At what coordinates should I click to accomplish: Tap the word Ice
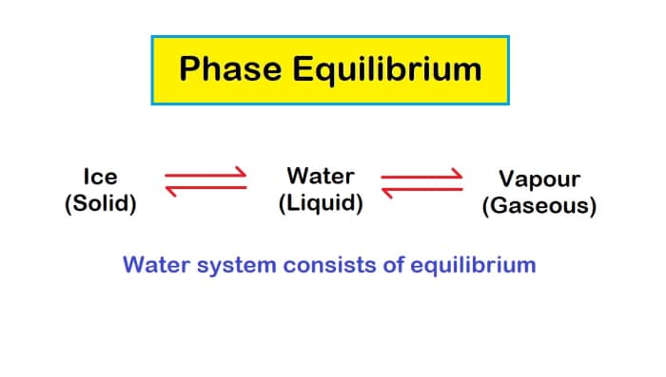(100, 177)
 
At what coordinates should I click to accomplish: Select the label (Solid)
(100, 203)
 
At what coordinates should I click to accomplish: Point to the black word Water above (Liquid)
(321, 176)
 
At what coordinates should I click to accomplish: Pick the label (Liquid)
(321, 203)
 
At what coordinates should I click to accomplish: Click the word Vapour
(539, 179)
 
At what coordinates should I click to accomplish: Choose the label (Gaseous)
(539, 206)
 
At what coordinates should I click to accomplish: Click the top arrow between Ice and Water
(206, 176)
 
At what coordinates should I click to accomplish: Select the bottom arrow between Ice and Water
(206, 190)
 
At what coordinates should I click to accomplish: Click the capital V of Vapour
(507, 179)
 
